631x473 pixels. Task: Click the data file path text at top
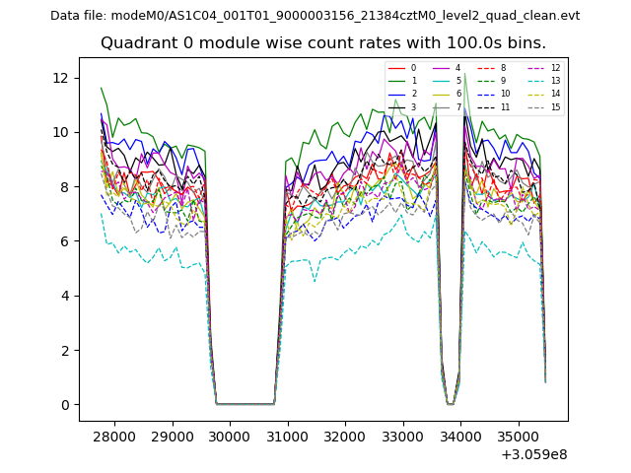315,15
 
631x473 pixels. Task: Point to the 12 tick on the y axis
61,78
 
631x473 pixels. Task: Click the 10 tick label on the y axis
61,132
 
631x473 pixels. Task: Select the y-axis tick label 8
65,187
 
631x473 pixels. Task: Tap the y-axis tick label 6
65,241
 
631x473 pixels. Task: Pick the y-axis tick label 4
65,296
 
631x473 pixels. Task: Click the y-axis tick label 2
65,351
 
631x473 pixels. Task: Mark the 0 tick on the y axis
65,405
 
